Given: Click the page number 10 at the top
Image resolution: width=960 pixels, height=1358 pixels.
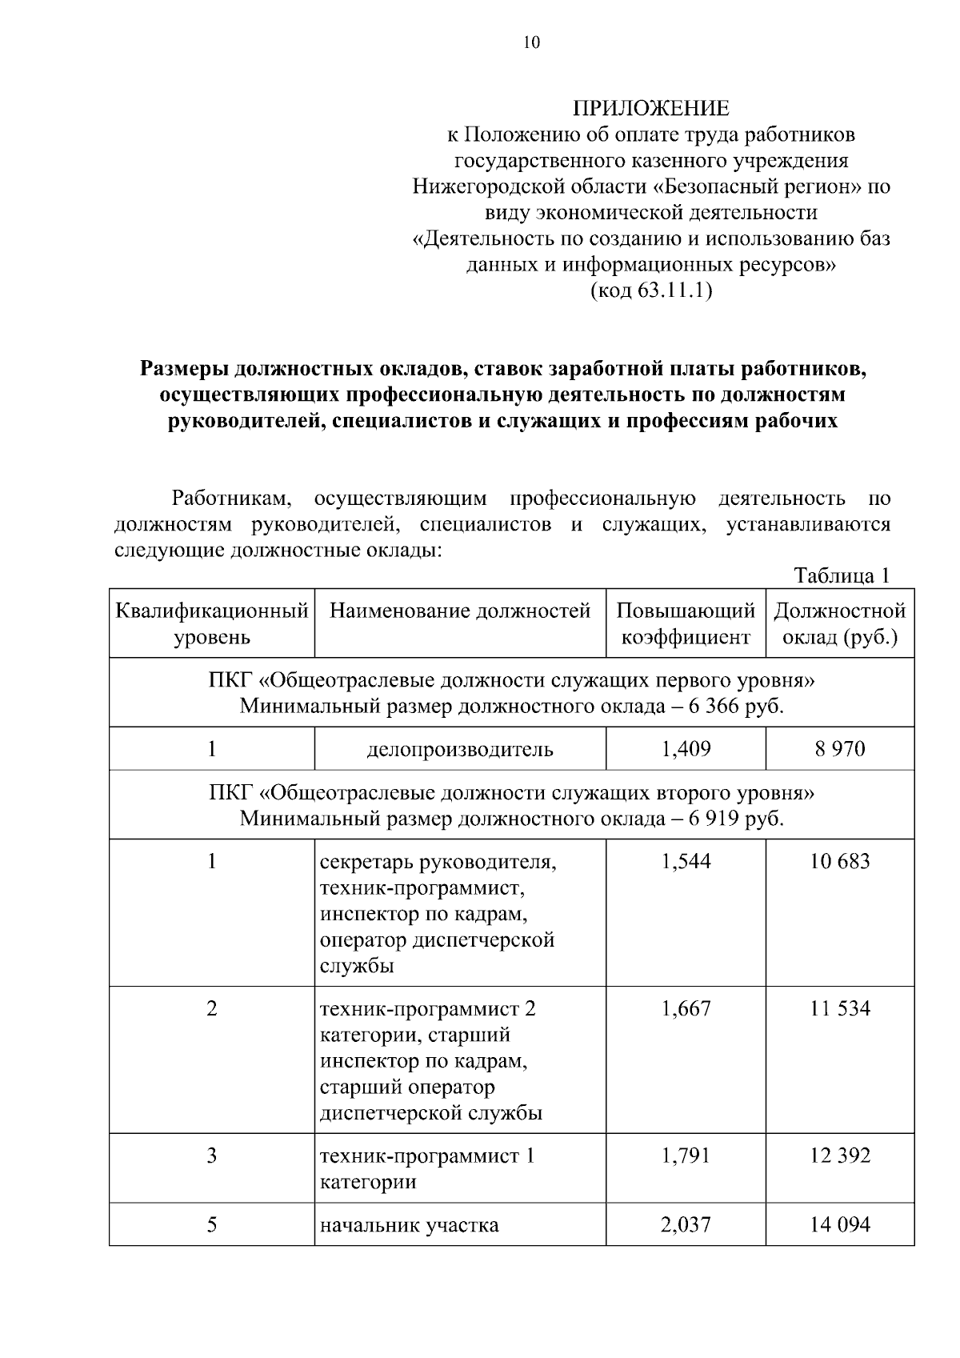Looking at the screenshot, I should tap(531, 42).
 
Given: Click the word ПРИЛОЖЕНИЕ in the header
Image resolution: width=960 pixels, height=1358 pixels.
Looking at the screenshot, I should tap(650, 109).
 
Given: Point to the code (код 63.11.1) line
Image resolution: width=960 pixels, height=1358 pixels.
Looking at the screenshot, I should tap(650, 290).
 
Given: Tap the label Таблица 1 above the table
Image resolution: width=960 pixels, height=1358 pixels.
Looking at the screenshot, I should tap(842, 575).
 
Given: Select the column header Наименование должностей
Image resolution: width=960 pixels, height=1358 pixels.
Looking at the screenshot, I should tap(460, 611).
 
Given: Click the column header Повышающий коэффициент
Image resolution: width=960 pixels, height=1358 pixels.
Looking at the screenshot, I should tap(686, 624).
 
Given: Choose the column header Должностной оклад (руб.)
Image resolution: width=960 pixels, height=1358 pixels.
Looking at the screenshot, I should tap(839, 624).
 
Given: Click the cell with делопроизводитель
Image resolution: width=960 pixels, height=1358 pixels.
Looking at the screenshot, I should tap(460, 749).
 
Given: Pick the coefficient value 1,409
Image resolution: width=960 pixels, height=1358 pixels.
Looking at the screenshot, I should tap(686, 749).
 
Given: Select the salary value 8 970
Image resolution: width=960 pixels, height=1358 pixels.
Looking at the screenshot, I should tap(839, 749).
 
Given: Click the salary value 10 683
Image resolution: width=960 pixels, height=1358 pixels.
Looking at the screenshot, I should tap(839, 862).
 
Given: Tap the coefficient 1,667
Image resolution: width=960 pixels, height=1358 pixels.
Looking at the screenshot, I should tap(686, 1009).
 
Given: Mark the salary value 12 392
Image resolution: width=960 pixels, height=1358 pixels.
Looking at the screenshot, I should tap(839, 1156).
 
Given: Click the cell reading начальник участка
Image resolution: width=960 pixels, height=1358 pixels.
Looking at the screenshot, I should tap(409, 1225).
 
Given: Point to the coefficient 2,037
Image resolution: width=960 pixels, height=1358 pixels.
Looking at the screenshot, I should tap(686, 1225).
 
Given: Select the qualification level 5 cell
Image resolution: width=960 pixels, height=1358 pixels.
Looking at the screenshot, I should tap(212, 1225).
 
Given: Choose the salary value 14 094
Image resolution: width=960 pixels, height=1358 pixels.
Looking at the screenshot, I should tap(839, 1225).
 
